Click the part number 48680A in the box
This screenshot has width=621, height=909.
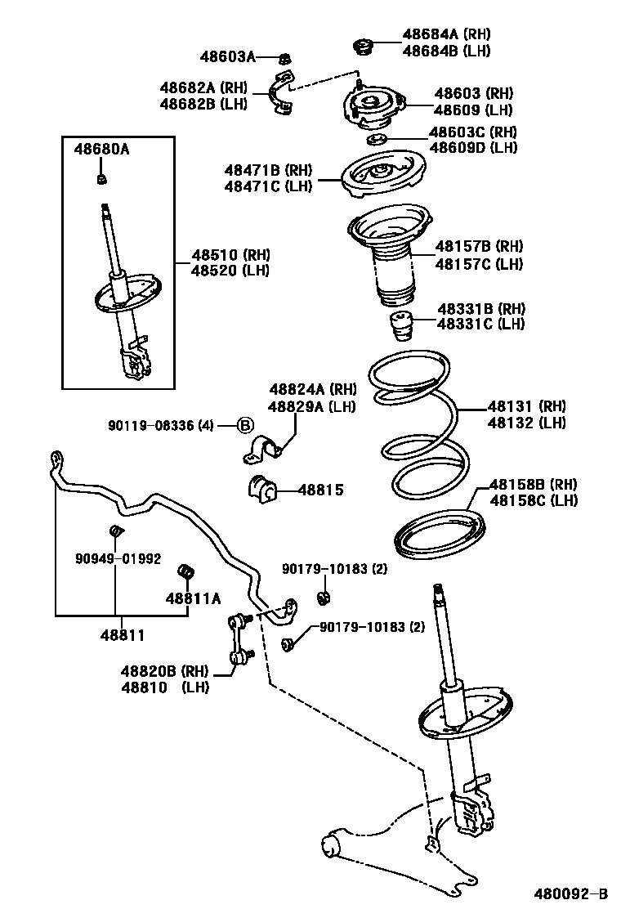102,150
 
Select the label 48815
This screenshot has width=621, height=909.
320,490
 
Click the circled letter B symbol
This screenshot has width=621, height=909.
245,425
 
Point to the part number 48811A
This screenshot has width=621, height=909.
194,598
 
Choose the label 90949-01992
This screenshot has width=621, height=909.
118,559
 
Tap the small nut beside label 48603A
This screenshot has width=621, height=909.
285,57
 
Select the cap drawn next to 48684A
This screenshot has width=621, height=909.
362,46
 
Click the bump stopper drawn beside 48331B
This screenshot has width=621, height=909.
400,328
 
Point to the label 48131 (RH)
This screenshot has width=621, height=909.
526,405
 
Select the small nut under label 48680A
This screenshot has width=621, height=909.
101,178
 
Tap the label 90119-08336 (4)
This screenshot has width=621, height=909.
160,425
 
